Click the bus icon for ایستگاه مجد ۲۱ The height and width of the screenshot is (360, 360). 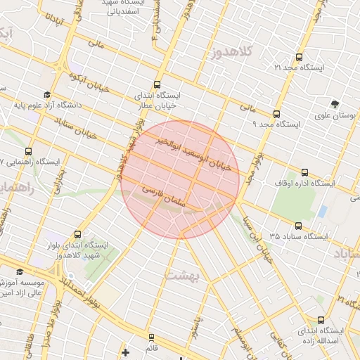300,57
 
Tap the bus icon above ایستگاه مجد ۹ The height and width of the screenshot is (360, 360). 276,113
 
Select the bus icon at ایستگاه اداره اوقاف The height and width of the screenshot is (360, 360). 304,172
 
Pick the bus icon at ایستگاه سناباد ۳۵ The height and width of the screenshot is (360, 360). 299,226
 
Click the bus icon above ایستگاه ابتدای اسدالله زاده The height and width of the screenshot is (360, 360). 321,319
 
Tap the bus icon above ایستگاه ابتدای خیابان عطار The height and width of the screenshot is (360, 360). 156,83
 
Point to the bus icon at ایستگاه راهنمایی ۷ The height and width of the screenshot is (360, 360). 30,150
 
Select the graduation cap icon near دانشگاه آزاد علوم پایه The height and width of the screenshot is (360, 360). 46,95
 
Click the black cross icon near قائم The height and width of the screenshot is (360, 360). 125,352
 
